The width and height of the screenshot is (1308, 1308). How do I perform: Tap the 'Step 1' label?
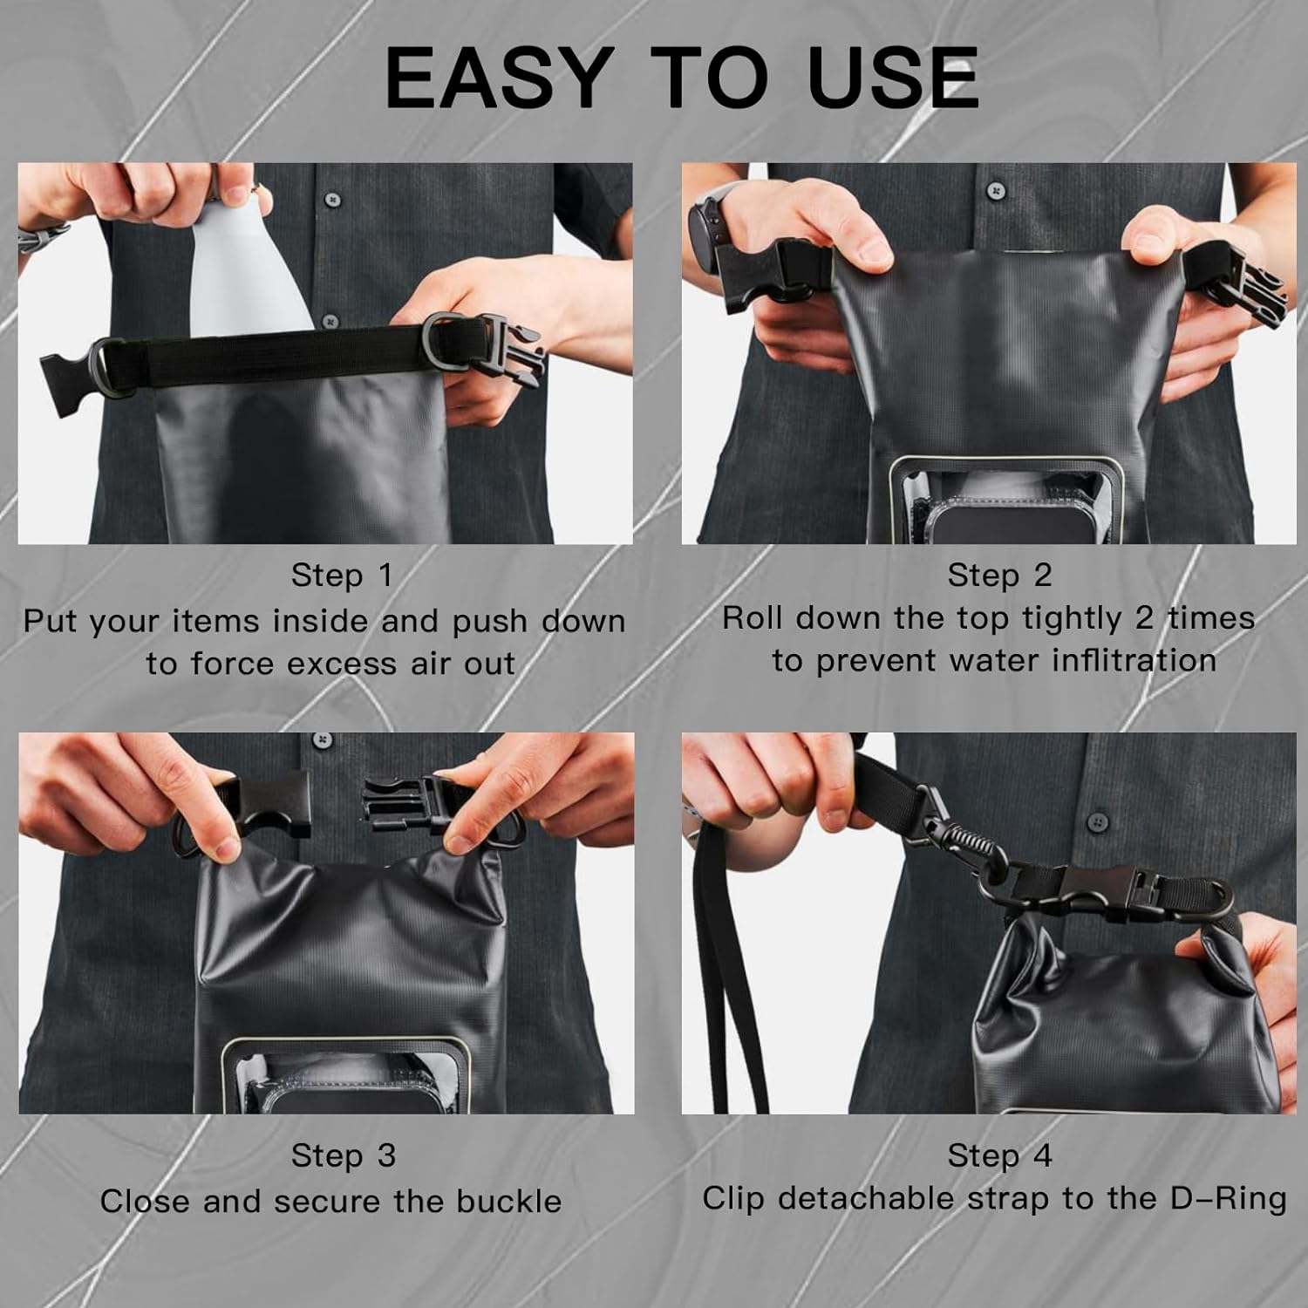tap(342, 576)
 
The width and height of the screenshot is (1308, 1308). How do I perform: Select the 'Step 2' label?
tap(999, 576)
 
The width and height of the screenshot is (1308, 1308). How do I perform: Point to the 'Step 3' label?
tap(343, 1155)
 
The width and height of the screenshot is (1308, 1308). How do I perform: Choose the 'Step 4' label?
tap(999, 1155)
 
